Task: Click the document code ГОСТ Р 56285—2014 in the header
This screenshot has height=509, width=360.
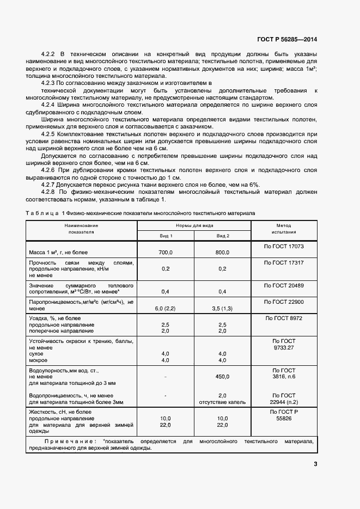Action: click(286, 39)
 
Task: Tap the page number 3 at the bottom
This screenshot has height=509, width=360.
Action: click(315, 464)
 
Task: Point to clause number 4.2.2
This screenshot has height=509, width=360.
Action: click(49, 54)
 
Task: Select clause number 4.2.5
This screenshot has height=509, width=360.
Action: click(49, 133)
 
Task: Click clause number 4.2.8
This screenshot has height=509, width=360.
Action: click(49, 192)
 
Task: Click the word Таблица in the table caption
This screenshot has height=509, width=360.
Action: click(42, 213)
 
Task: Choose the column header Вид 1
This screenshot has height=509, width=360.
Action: click(166, 235)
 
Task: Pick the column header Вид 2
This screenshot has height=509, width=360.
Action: click(223, 235)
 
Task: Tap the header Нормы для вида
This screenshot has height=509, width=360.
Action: click(194, 225)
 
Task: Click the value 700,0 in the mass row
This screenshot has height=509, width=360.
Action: click(166, 253)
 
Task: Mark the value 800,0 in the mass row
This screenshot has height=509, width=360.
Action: click(222, 253)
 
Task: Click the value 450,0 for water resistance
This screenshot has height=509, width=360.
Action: click(222, 376)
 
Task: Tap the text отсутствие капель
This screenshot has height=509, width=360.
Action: click(222, 402)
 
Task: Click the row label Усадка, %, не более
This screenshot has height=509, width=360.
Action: click(55, 317)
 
